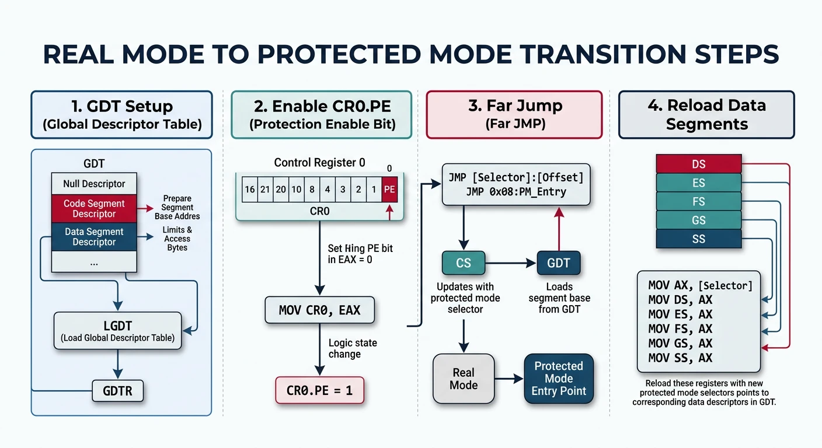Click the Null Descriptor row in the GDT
[x=94, y=184]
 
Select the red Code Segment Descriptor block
[x=94, y=209]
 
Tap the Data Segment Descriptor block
[x=94, y=237]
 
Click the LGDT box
[x=117, y=331]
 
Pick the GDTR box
[x=117, y=390]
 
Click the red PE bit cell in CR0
[x=390, y=190]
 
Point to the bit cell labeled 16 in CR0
[x=250, y=190]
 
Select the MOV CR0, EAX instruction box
[x=319, y=310]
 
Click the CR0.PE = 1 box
[x=319, y=390]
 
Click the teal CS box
[x=463, y=263]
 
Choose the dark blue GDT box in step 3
[x=558, y=263]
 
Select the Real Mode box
[x=464, y=379]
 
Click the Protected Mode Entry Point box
[x=559, y=379]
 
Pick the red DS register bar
[x=698, y=164]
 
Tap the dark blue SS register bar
[x=698, y=239]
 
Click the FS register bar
[x=698, y=201]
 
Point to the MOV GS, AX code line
[x=680, y=343]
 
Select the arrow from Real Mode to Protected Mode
[x=509, y=379]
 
